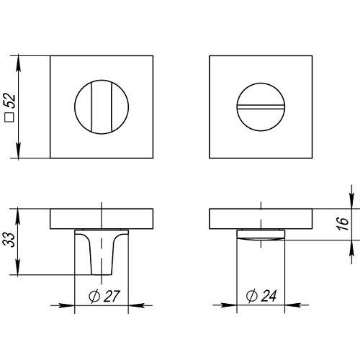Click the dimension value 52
(x=10, y=101)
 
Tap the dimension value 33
(x=9, y=240)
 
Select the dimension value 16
(x=343, y=224)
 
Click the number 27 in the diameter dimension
(x=112, y=296)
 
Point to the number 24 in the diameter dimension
(x=269, y=295)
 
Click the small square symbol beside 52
(x=9, y=117)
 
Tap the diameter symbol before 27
(x=94, y=297)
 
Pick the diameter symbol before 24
(x=252, y=296)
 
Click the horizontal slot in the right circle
(x=261, y=107)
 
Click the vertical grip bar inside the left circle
(x=102, y=107)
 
